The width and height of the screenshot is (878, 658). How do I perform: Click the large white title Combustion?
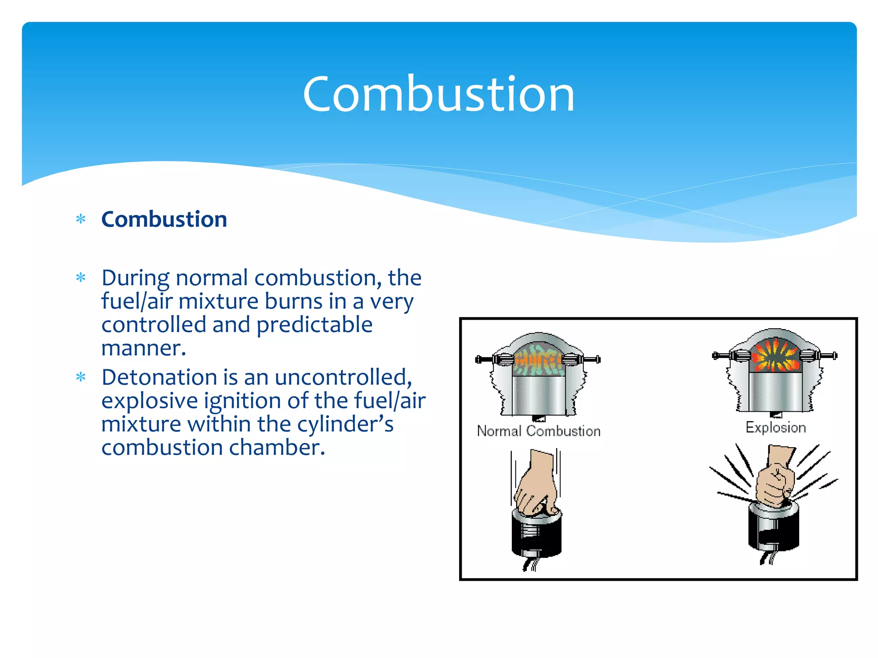[438, 94]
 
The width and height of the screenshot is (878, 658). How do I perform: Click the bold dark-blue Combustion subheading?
[164, 219]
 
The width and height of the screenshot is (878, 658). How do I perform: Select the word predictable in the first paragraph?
[314, 325]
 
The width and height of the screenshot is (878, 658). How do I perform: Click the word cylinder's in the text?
[345, 425]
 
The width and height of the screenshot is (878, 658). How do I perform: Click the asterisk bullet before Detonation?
[81, 377]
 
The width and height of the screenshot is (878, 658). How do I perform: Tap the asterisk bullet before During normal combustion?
[81, 278]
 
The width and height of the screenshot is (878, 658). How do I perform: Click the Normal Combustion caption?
[538, 431]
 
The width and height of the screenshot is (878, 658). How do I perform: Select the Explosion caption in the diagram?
[776, 428]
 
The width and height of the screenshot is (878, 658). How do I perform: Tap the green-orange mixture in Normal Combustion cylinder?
[538, 359]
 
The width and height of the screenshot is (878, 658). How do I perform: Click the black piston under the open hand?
[537, 535]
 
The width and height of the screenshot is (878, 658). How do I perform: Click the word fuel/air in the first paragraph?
[137, 301]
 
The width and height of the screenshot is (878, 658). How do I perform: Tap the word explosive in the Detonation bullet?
[150, 401]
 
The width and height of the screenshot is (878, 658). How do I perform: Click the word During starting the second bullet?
[135, 278]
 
